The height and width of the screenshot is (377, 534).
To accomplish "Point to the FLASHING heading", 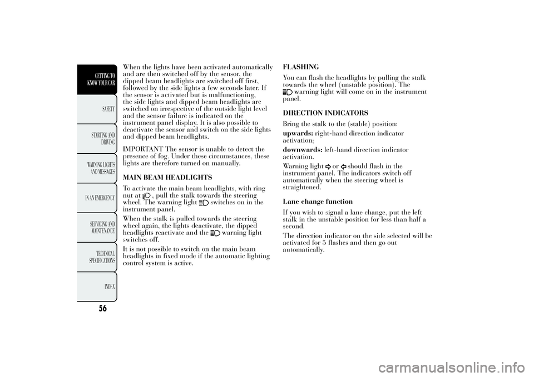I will pyautogui.click(x=301, y=67).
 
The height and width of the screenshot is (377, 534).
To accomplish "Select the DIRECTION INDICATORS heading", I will pyautogui.click(x=318, y=113).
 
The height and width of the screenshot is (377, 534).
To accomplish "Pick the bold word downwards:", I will pyautogui.click(x=303, y=150).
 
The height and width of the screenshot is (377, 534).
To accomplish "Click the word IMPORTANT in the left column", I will pyautogui.click(x=141, y=149).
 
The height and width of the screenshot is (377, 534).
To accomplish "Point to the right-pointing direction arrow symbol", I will pyautogui.click(x=329, y=166).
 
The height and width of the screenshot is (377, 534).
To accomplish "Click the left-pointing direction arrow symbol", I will pyautogui.click(x=344, y=166).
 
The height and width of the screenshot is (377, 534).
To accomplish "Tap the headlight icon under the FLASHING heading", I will pyautogui.click(x=288, y=92).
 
